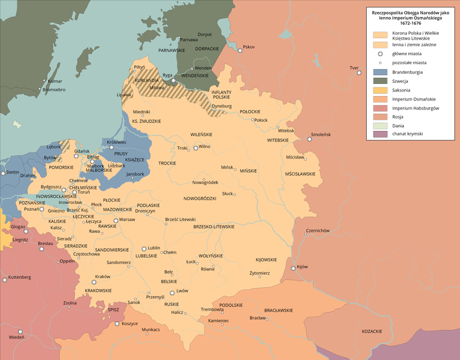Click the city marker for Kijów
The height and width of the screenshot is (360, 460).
(x=293, y=269)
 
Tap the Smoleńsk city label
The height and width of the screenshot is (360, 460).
(x=321, y=135)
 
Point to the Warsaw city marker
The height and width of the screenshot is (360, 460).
(x=115, y=221)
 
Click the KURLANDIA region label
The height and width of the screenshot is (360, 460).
(x=147, y=80)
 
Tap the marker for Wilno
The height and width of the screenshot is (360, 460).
(x=195, y=148)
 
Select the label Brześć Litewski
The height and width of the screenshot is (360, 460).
(x=180, y=219)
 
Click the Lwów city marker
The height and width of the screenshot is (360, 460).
(x=172, y=292)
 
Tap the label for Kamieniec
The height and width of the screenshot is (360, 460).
(x=218, y=320)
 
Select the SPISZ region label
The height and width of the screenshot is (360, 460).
(x=114, y=309)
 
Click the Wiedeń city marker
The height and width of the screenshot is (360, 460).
(x=21, y=331)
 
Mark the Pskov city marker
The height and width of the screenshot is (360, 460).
(x=240, y=50)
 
